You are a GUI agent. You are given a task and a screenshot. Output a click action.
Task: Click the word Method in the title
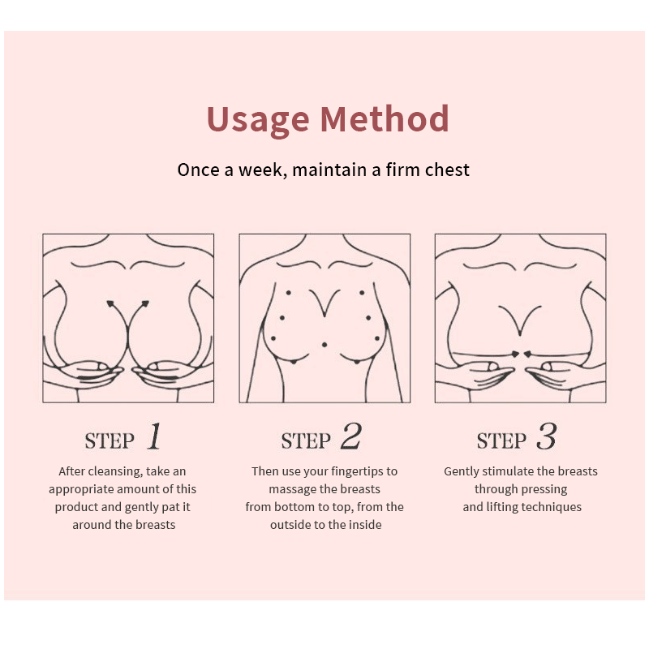coord(385,118)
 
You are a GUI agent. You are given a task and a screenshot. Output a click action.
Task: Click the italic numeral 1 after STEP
coord(154,438)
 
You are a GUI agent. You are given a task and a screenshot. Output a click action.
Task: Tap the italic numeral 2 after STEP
coord(350,438)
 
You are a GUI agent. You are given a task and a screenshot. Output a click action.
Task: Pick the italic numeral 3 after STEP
coord(546,438)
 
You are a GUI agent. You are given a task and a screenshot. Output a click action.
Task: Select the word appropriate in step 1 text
coord(80,489)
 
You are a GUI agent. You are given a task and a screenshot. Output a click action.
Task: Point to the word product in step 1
coord(77,507)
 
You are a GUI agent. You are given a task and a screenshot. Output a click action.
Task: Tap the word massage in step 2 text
coord(294,489)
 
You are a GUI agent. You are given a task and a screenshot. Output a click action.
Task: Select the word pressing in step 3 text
coord(544,489)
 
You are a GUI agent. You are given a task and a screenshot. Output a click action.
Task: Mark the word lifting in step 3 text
coord(504,507)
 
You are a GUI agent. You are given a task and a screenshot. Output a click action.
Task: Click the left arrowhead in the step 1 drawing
coord(110,304)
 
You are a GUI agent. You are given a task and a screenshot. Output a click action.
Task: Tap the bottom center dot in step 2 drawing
coord(324,346)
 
